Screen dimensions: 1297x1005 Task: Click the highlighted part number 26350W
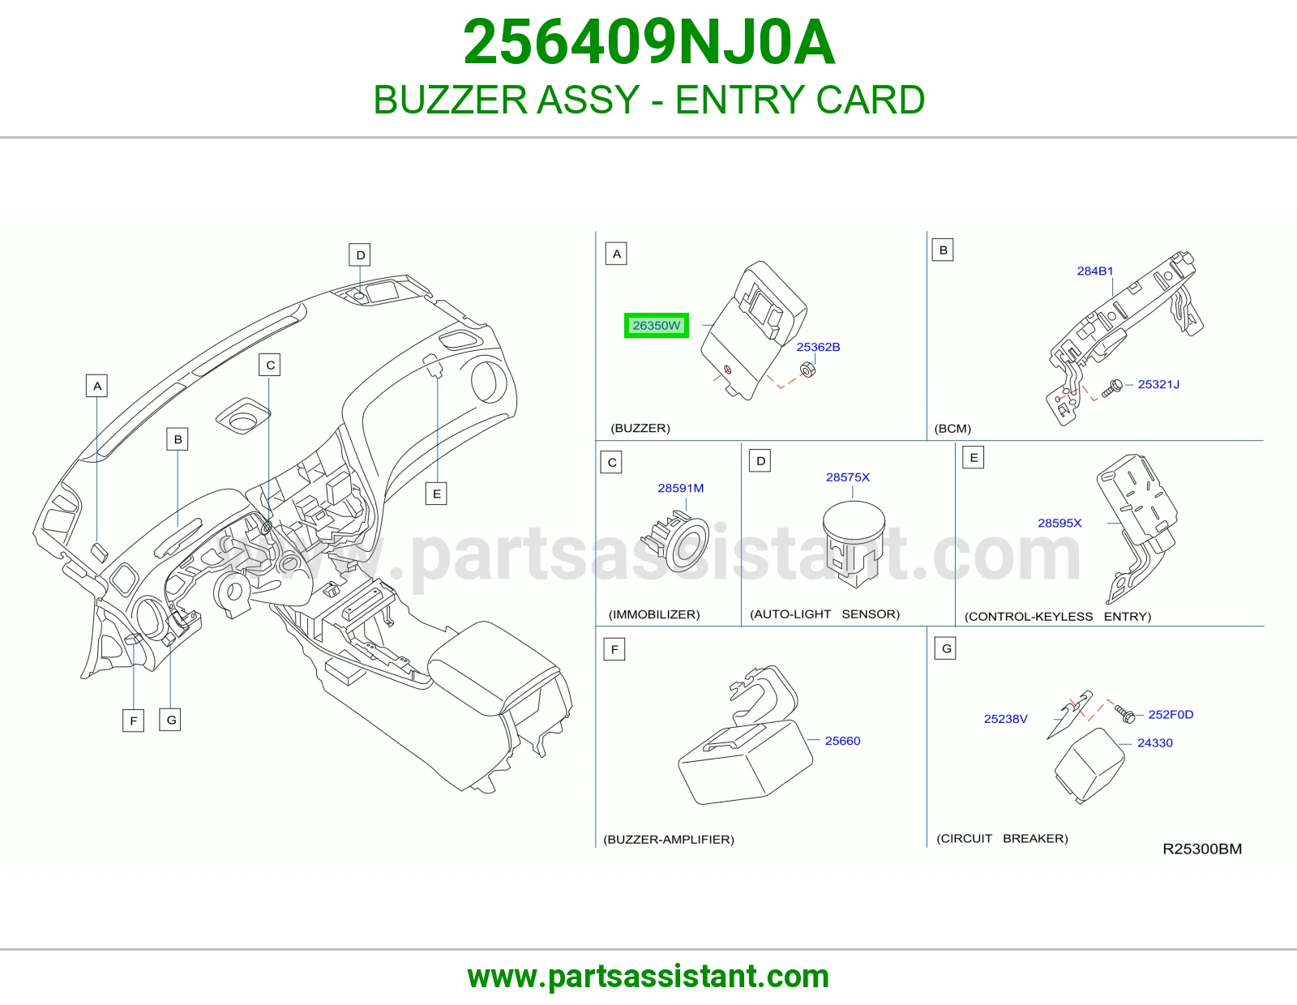point(656,325)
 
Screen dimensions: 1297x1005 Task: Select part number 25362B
point(818,347)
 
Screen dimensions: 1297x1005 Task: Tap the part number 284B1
point(1094,271)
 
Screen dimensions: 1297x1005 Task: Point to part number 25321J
point(1158,384)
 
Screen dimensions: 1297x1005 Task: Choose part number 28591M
point(680,488)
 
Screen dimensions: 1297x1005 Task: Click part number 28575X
point(848,477)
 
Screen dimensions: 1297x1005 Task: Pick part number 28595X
point(1059,523)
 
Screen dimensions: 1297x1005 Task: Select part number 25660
point(842,741)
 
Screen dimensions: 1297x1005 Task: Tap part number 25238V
point(1006,719)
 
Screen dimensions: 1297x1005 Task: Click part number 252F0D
point(1171,714)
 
